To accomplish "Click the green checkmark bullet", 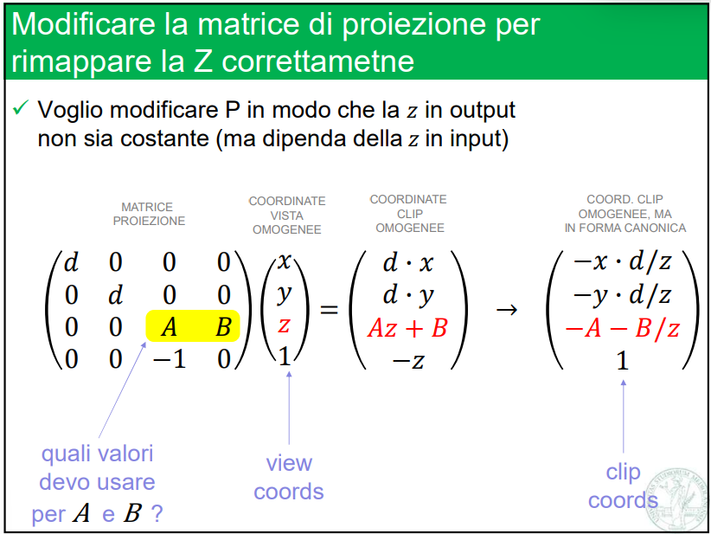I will coord(21,109).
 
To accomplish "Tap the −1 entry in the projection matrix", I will coord(170,358).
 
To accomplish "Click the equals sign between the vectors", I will coord(330,309).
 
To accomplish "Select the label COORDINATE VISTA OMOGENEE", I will coord(287,216).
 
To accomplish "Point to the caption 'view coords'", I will coord(289,477).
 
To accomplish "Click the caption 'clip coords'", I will coord(623,486).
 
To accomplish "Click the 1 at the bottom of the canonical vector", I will coord(622,361).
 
